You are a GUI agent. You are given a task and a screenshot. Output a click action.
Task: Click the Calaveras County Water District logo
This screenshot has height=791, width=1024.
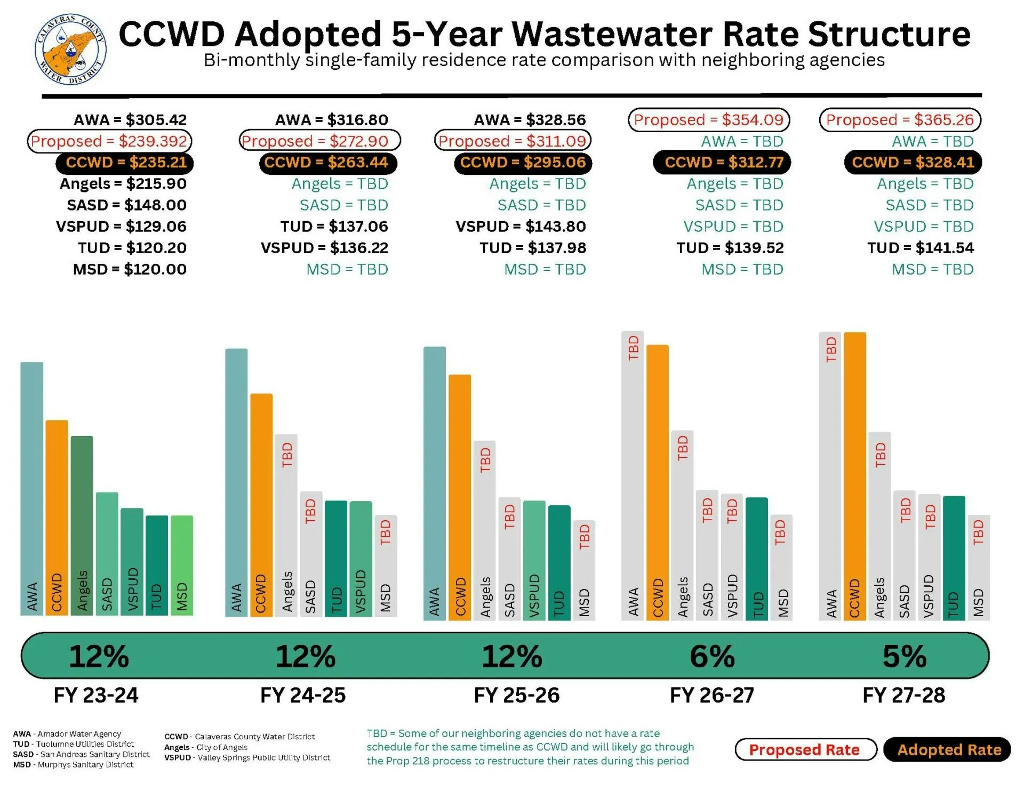pyautogui.click(x=70, y=49)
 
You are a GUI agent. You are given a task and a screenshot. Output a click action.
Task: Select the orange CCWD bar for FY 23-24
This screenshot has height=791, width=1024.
pyautogui.click(x=57, y=517)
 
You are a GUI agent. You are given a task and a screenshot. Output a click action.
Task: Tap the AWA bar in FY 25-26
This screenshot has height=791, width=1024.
pyautogui.click(x=434, y=483)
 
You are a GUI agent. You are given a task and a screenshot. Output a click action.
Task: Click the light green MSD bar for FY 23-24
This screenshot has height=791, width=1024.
pyautogui.click(x=182, y=565)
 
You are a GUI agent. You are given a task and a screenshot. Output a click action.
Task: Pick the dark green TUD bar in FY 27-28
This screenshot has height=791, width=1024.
pyautogui.click(x=954, y=557)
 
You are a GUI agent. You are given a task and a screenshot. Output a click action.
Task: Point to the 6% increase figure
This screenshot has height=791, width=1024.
pyautogui.click(x=712, y=656)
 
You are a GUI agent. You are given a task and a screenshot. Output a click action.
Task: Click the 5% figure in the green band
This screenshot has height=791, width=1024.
pyautogui.click(x=905, y=656)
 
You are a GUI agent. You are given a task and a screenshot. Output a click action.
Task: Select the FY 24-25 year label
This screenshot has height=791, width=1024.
pyautogui.click(x=302, y=696)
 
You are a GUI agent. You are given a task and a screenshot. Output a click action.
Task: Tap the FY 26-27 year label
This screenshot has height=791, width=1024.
pyautogui.click(x=712, y=696)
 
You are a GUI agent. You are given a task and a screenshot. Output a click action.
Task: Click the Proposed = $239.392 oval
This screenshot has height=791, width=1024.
pyautogui.click(x=109, y=141)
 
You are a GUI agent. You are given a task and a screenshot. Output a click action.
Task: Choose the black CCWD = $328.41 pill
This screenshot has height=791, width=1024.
pyautogui.click(x=913, y=162)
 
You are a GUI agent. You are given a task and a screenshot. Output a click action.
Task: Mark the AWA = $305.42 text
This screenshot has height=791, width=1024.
pyautogui.click(x=130, y=120)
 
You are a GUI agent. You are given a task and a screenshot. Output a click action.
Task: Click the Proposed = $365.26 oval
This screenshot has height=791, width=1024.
pyautogui.click(x=900, y=120)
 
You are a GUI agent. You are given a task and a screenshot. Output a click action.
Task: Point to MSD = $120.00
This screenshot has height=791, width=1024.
pyautogui.click(x=130, y=269)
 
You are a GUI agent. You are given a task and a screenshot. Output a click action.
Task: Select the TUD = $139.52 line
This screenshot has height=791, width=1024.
pyautogui.click(x=730, y=248)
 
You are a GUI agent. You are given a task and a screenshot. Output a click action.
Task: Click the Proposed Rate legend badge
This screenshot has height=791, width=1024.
pyautogui.click(x=805, y=750)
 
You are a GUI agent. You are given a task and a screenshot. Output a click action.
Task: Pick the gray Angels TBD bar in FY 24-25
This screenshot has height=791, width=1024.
pyautogui.click(x=286, y=525)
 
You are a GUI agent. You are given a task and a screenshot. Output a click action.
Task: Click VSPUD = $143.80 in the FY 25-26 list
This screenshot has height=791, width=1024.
pyautogui.click(x=521, y=227)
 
